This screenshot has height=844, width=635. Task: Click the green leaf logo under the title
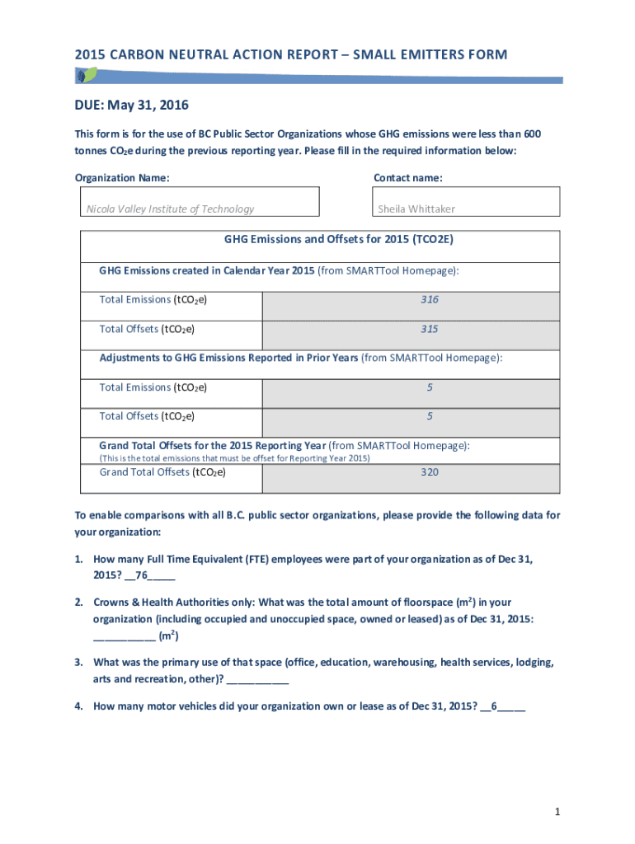click(x=85, y=75)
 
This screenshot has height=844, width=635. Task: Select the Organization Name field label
click(x=123, y=178)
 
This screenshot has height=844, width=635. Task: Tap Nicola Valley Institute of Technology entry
click(x=171, y=209)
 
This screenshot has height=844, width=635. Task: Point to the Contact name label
click(x=407, y=178)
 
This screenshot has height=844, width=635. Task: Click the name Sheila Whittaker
click(x=416, y=209)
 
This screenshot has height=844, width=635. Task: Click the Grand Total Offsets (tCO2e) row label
click(x=162, y=472)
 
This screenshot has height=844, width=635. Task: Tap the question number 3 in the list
click(x=78, y=663)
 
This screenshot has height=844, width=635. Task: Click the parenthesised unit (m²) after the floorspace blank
click(x=169, y=635)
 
